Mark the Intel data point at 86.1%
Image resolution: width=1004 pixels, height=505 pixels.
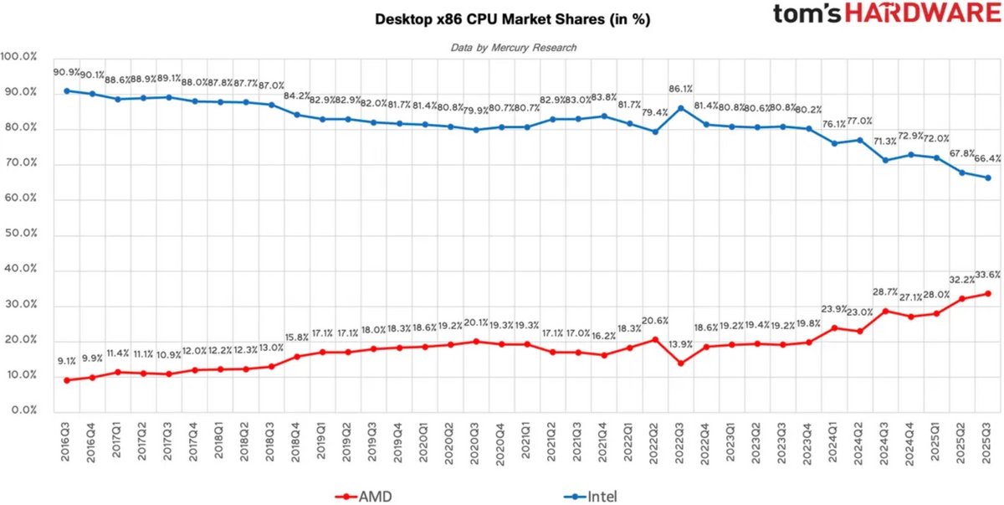pyautogui.click(x=681, y=107)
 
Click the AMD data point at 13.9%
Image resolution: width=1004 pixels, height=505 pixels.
pyautogui.click(x=681, y=363)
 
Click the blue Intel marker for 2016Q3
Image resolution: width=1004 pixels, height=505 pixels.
pyautogui.click(x=67, y=90)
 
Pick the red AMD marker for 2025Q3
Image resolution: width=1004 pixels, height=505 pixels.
pyautogui.click(x=988, y=293)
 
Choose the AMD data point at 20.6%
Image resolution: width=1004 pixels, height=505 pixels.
pyautogui.click(x=655, y=339)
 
